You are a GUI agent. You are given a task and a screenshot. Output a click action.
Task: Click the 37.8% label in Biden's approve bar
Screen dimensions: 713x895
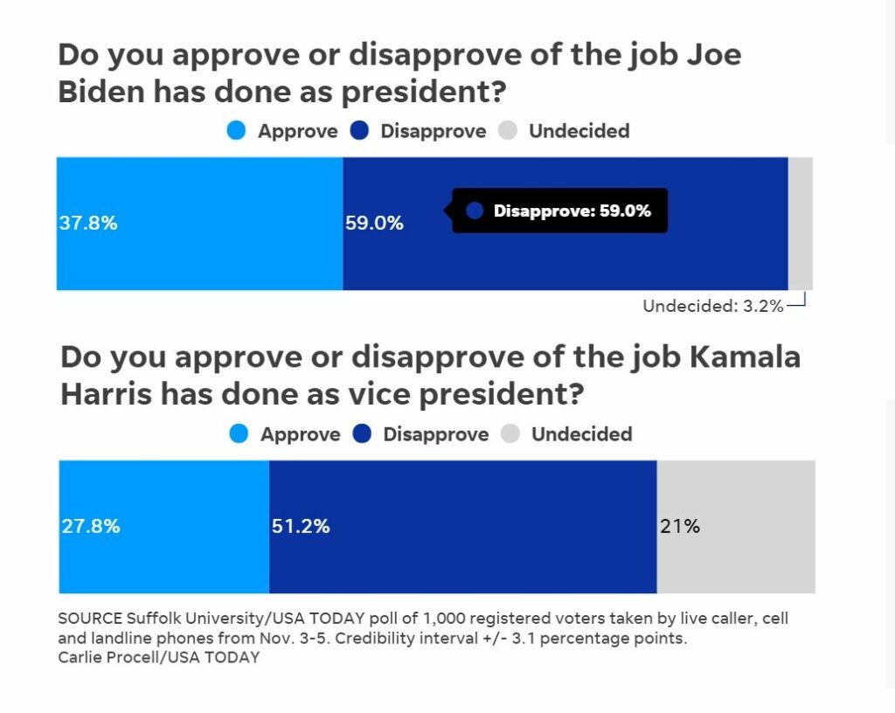coord(88,223)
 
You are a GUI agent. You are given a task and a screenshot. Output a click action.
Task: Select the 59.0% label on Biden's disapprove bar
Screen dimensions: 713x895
coord(375,223)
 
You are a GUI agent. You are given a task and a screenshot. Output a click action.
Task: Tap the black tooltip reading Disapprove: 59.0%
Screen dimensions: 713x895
coord(559,211)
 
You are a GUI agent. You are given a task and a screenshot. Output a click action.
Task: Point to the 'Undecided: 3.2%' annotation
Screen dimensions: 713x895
coord(712,306)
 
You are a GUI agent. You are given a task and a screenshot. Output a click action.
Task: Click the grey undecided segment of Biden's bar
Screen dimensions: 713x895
coord(801,223)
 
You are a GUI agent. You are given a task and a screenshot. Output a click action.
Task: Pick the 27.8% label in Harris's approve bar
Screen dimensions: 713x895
coord(91,527)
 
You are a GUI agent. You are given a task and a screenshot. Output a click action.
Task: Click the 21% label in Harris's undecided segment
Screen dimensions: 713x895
coord(681,527)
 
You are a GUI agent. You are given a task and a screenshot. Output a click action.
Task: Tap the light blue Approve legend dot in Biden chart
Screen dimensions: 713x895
coord(237,131)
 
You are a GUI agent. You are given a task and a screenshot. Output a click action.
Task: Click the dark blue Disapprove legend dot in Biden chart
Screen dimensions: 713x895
coord(360,131)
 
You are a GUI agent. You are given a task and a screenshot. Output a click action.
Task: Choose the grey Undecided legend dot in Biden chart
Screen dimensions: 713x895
coord(508,131)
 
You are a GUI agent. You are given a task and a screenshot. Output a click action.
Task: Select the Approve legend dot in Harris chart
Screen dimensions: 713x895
coord(239,434)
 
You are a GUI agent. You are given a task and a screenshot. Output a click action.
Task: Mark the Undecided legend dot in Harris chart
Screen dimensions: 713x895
coord(510,434)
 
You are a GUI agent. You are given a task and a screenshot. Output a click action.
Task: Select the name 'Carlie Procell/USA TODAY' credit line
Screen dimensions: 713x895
coord(158,657)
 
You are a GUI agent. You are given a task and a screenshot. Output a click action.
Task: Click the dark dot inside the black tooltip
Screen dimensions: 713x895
coord(475,211)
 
